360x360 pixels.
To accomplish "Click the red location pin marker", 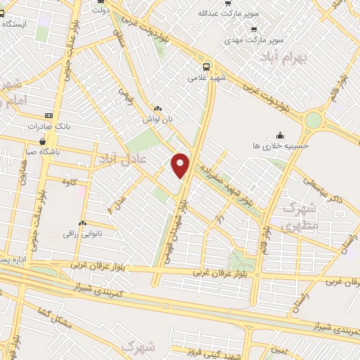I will [x=181, y=165].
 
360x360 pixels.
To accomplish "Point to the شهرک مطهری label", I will [x=299, y=217].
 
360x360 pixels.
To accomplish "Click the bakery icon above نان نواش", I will [x=157, y=109].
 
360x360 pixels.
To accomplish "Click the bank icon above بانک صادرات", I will [x=49, y=115].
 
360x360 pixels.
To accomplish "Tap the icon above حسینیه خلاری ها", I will [x=281, y=135].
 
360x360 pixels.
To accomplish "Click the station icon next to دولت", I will [x=96, y=10].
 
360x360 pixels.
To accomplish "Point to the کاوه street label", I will [x=70, y=184].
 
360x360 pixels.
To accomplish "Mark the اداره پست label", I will [x=13, y=259].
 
